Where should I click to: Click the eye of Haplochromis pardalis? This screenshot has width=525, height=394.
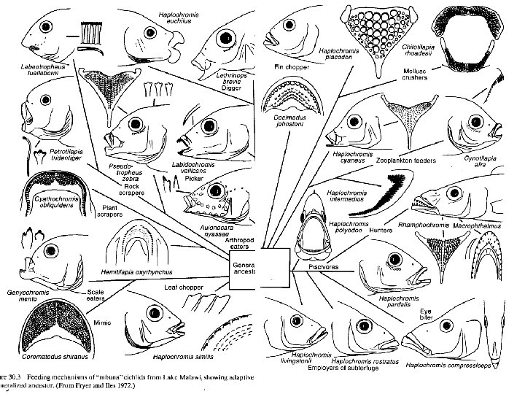pyautogui.click(x=395, y=259)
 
